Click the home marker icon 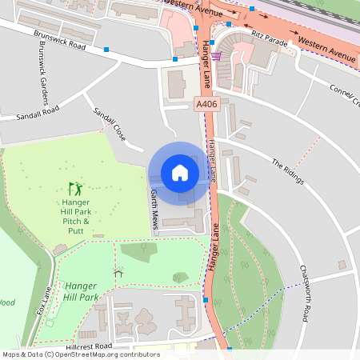click(x=180, y=172)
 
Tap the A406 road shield click(x=206, y=104)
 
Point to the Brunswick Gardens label click(x=41, y=80)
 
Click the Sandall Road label click(x=38, y=115)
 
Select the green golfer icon click(x=75, y=189)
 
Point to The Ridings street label click(x=288, y=171)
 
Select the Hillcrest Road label click(x=90, y=346)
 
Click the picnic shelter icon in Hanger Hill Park click(x=119, y=273)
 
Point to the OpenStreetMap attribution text click(x=81, y=354)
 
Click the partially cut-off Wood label click(x=6, y=302)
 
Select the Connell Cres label click(x=344, y=97)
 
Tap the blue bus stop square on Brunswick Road click(x=106, y=50)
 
